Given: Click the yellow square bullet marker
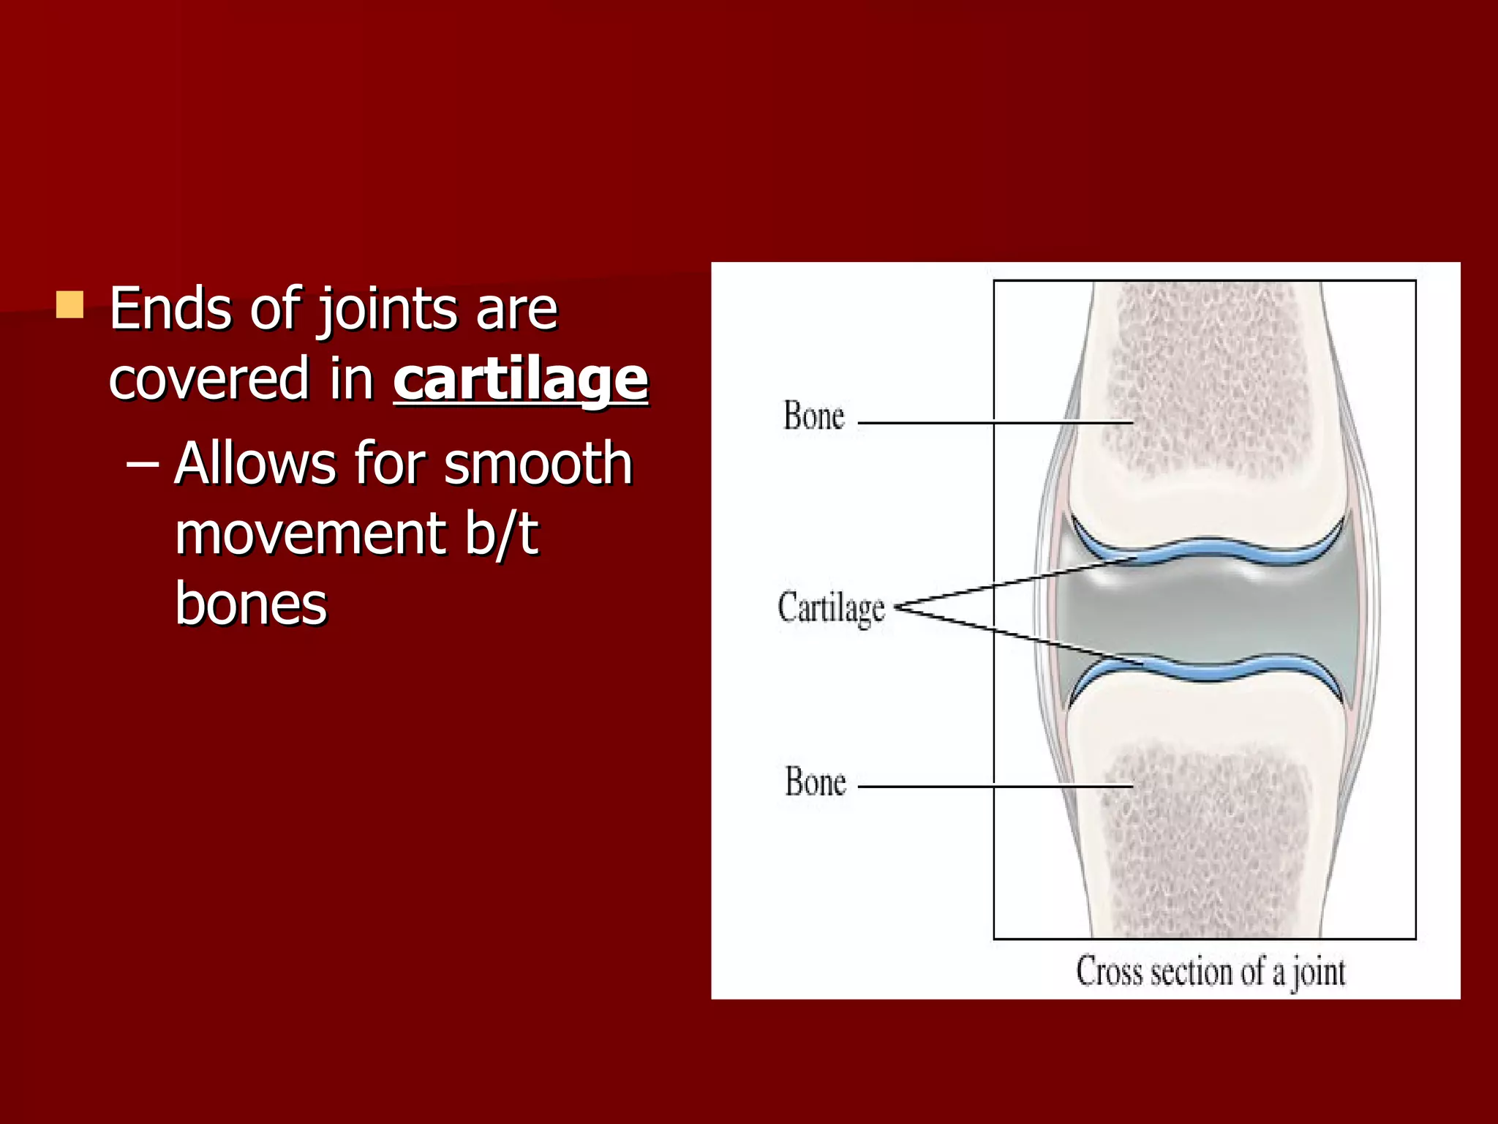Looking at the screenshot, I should pos(70,304).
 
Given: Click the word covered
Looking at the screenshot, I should pos(209,379).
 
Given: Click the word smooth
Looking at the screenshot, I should pos(538,463).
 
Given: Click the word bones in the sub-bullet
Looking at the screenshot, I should pos(251,604).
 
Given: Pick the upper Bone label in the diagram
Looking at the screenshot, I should pos(813,416).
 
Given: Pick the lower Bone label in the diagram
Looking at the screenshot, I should pos(815,782).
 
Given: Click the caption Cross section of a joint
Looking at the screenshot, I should pos(1210,973).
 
